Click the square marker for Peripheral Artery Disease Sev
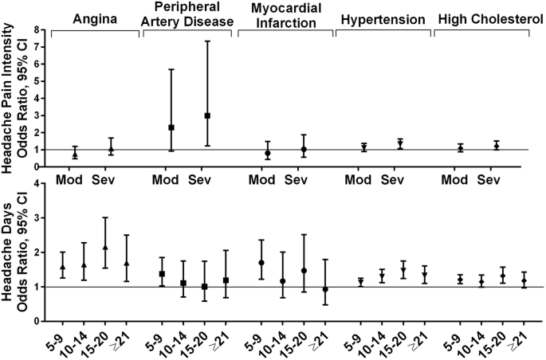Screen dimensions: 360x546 [x=206, y=115]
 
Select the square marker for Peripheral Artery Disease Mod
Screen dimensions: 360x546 [x=171, y=127]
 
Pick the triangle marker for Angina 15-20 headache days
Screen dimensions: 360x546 [x=106, y=248]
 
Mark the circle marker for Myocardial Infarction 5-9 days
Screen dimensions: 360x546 [x=261, y=263]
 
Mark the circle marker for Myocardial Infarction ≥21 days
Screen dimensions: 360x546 [x=324, y=289]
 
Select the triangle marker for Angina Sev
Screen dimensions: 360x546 [x=112, y=149]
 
